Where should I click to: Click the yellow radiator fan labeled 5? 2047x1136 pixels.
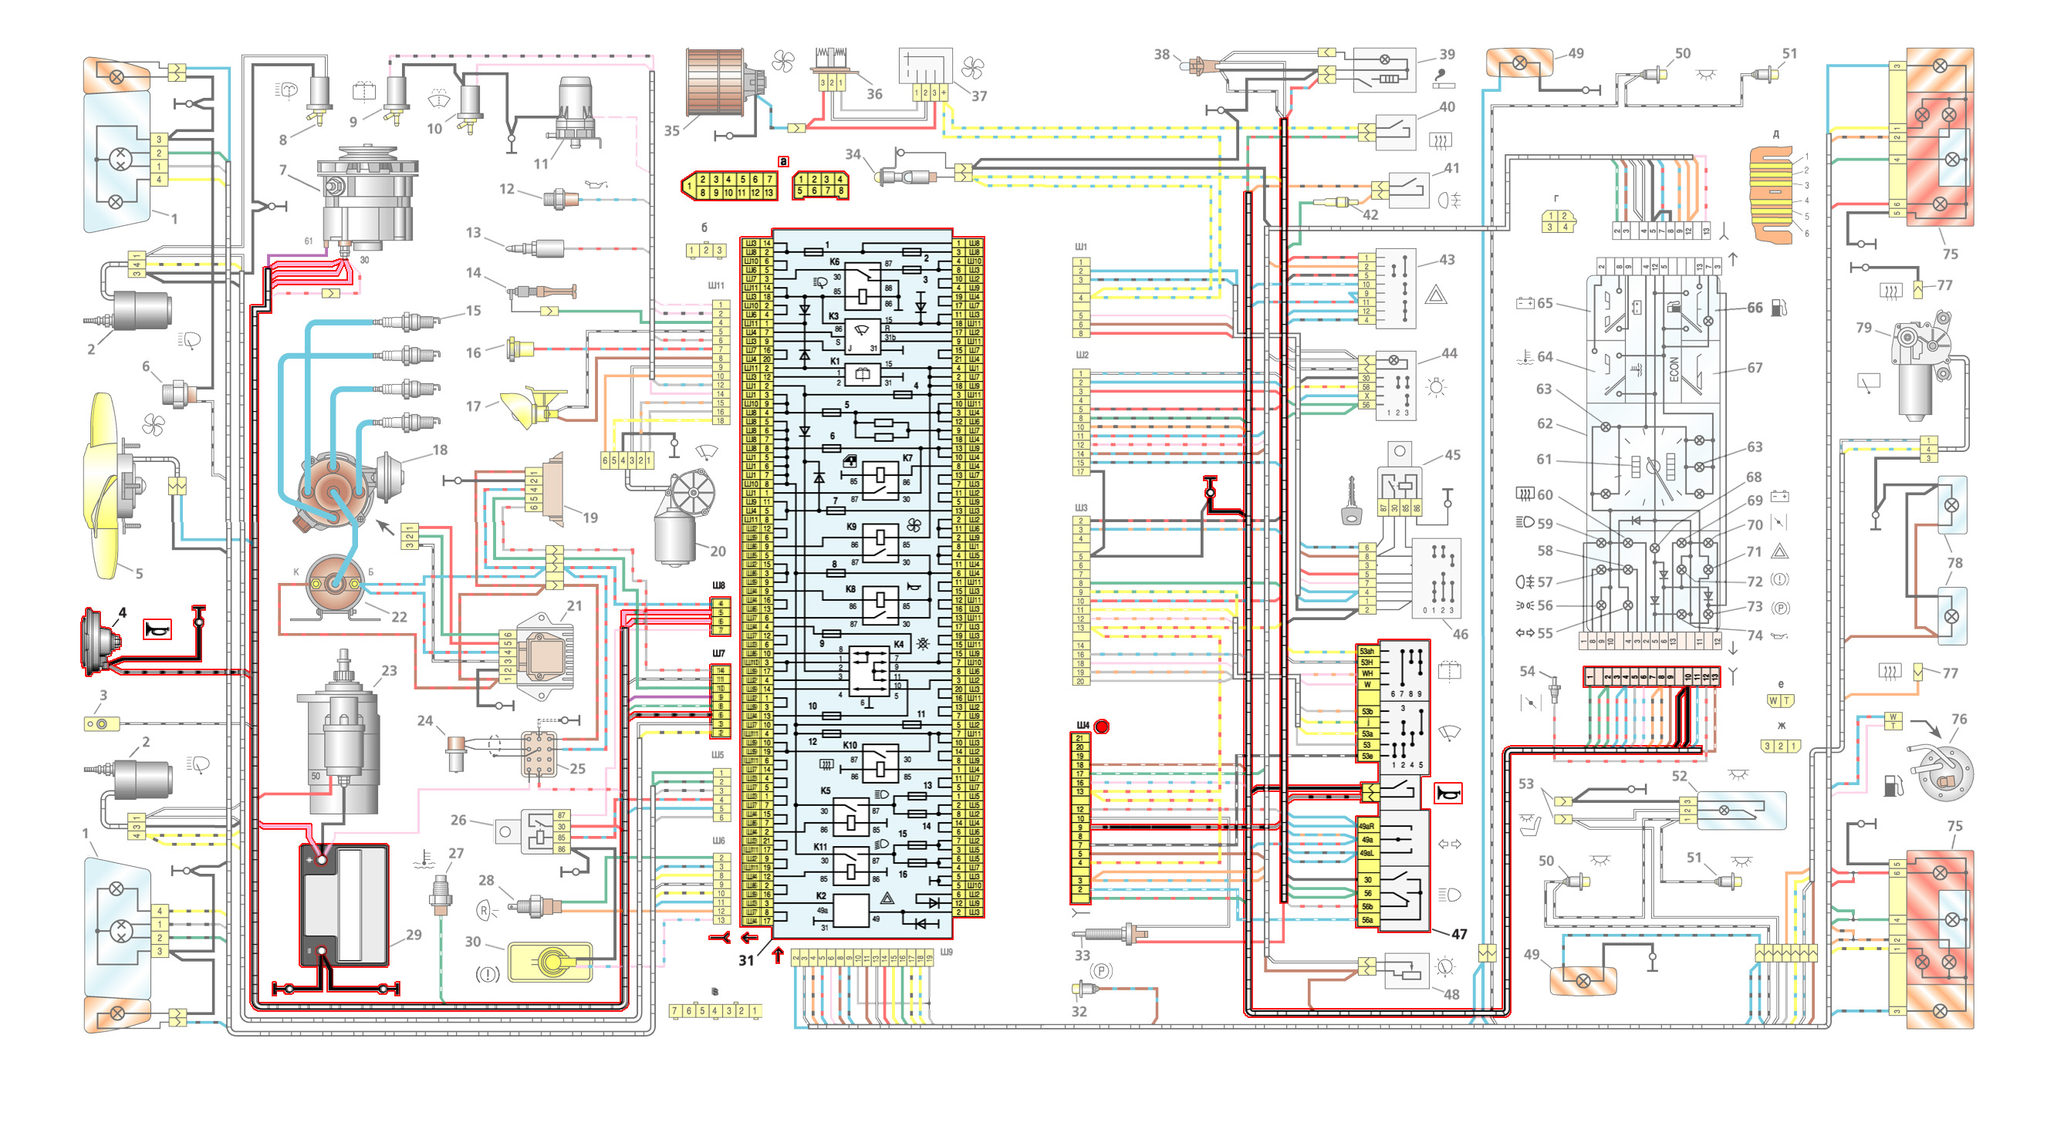[111, 484]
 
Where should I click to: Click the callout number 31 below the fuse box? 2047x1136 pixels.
[745, 959]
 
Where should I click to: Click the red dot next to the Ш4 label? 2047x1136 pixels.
[1101, 726]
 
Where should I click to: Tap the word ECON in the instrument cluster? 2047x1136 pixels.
[1674, 369]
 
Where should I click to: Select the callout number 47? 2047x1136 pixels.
[1459, 934]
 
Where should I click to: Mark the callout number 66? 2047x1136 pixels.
[1755, 308]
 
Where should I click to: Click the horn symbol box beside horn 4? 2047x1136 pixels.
[157, 629]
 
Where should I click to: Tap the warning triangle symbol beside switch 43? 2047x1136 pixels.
[1435, 296]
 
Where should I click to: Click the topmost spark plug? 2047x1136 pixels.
[410, 322]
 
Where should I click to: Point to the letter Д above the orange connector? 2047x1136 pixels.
[1775, 134]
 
